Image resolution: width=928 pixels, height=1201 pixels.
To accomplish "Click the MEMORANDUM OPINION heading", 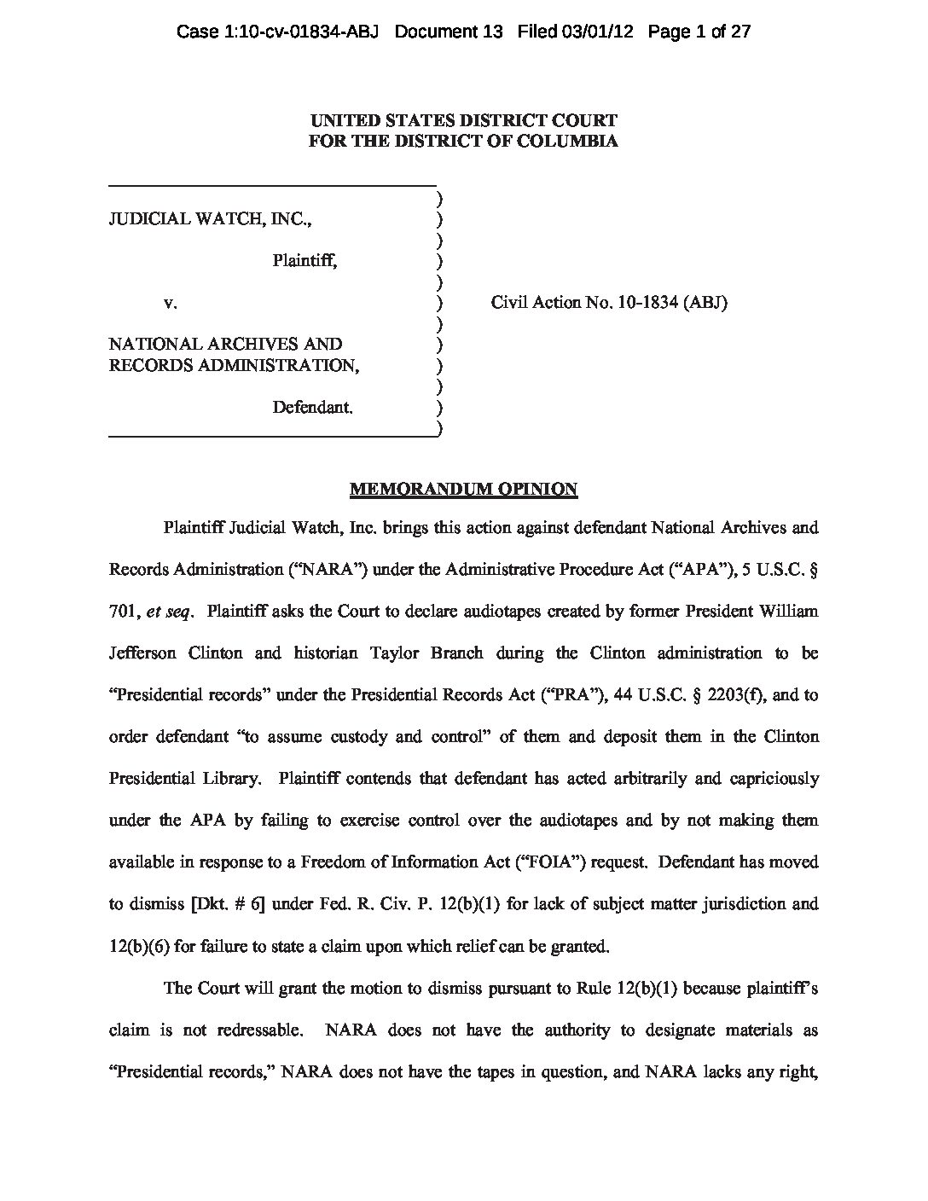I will [463, 490].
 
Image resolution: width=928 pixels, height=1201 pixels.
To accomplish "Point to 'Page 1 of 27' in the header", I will [699, 32].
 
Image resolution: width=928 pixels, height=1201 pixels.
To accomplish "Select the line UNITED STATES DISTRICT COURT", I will [463, 121].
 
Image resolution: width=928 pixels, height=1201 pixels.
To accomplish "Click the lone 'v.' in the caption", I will [171, 303].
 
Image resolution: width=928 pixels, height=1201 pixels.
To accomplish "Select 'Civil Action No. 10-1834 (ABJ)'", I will [609, 303].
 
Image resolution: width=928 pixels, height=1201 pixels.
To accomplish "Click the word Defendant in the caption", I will [312, 408].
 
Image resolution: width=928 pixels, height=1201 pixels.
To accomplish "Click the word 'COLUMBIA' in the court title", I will [574, 142].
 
